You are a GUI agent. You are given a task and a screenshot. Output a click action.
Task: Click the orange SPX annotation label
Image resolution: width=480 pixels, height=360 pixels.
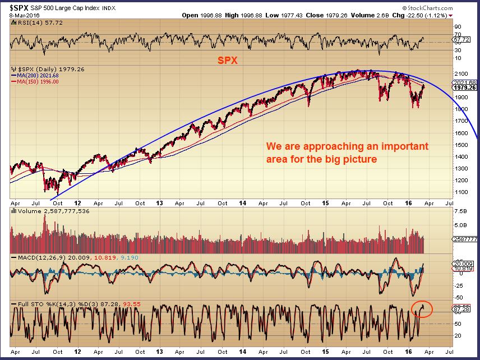(x=227, y=59)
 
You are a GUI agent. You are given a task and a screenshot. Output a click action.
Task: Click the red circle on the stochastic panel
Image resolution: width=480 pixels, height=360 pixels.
(x=421, y=307)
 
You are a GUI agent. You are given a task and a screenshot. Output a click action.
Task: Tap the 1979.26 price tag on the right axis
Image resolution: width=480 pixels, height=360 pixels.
(x=465, y=87)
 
